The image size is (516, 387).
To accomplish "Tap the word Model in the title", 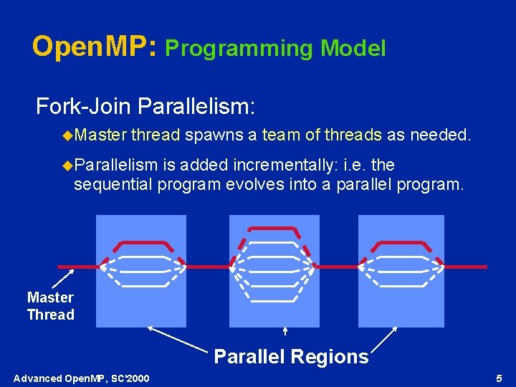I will tap(353, 49).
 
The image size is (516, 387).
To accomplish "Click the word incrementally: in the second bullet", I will tap(275, 166).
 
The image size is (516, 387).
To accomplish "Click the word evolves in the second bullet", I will tap(251, 185).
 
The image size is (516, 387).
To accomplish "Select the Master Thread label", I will tap(50, 306).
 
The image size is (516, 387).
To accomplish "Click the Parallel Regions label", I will tap(291, 356).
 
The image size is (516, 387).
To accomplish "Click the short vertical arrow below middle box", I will tap(285, 331).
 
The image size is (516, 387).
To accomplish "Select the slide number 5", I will tap(499, 378).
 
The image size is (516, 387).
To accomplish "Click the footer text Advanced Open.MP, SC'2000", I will tap(82, 378).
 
